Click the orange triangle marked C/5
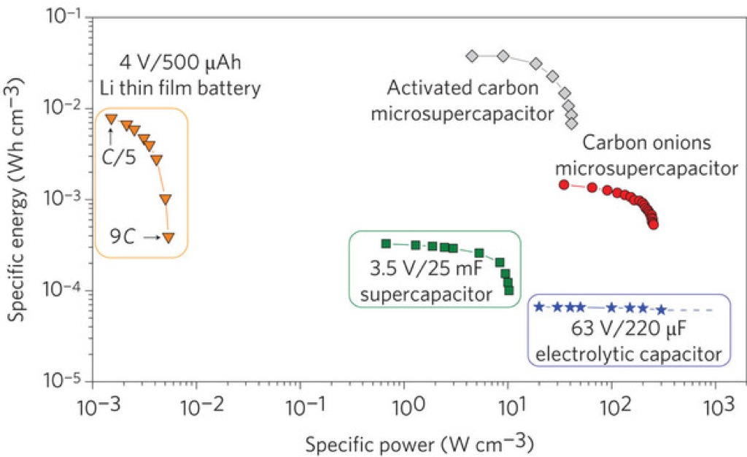coord(111,119)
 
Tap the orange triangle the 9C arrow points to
coord(169,237)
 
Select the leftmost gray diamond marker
coord(472,56)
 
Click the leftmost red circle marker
coord(564,185)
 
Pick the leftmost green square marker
coord(386,244)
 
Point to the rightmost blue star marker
coord(661,310)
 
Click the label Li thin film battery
coord(180,88)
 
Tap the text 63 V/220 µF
coord(628,329)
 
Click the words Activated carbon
coord(462,88)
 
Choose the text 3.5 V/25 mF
coord(426,269)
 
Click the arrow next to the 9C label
coord(152,237)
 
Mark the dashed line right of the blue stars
coord(690,310)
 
